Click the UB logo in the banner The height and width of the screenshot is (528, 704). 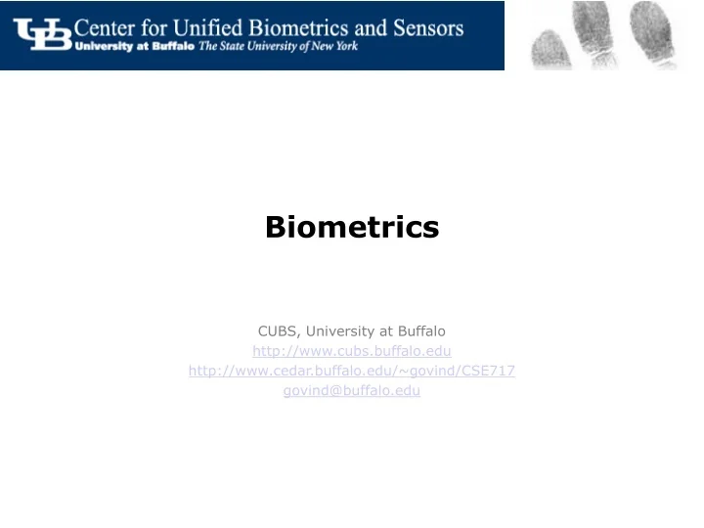[x=41, y=35]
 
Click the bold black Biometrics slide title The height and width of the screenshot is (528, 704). [x=352, y=228]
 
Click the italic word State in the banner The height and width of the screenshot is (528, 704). [x=234, y=48]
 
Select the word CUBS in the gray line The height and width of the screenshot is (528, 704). [x=278, y=330]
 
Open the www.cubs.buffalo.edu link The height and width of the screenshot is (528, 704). [x=352, y=350]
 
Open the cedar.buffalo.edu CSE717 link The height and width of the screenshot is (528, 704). [x=352, y=371]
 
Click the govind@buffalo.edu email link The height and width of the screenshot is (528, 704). [x=352, y=390]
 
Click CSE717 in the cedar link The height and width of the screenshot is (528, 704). [x=489, y=371]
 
